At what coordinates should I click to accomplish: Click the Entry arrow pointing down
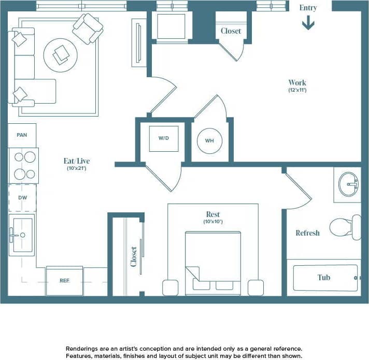[x=308, y=23]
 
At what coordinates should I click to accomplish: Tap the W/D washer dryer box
[x=164, y=138]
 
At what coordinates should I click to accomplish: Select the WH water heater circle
[x=210, y=140]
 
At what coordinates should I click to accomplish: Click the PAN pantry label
[x=22, y=135]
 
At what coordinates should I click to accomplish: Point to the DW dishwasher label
[x=22, y=198]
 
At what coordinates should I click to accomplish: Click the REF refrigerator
[x=64, y=281]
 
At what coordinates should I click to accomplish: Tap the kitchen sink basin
[x=22, y=235]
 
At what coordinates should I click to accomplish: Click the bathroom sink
[x=349, y=184]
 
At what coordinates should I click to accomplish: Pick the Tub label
[x=324, y=277]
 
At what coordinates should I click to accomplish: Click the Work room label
[x=297, y=82]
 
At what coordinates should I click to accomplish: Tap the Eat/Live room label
[x=77, y=161]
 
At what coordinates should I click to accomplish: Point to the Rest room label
[x=212, y=214]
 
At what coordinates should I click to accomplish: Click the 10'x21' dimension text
[x=77, y=168]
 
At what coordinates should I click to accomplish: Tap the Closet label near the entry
[x=231, y=31]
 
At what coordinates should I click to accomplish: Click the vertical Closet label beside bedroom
[x=134, y=256]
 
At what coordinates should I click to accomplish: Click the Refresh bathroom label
[x=307, y=233]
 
